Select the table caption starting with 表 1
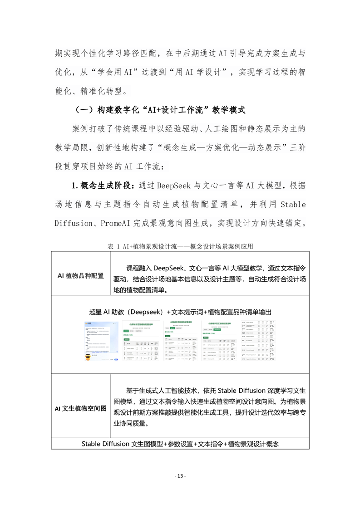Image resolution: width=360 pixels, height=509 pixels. (180, 247)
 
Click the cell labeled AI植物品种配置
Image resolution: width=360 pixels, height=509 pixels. (81, 276)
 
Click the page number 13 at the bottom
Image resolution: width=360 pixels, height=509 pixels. (180, 476)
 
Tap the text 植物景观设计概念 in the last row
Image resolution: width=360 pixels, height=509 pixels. (249, 443)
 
